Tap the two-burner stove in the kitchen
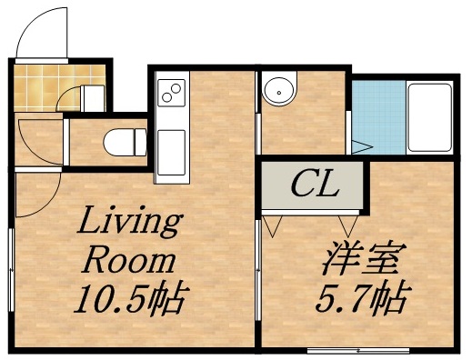tap(170, 92)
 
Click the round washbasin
tap(278, 90)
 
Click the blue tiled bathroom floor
tap(377, 118)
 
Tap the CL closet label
tap(315, 185)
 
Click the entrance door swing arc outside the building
tap(45, 27)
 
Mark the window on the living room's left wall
tap(11, 264)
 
